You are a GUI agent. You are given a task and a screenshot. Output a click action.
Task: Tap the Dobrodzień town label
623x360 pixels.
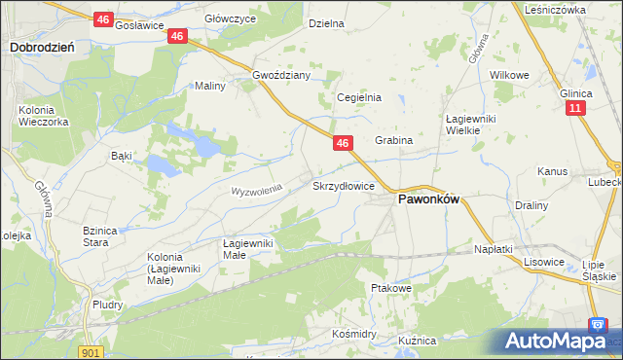37,46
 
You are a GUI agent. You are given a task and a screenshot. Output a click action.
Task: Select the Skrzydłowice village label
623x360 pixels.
344,185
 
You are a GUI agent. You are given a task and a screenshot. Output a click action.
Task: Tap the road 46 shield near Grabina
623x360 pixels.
342,143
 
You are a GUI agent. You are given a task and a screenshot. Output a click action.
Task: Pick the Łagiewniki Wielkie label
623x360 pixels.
470,125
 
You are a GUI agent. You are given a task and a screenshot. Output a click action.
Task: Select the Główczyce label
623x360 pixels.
231,18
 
